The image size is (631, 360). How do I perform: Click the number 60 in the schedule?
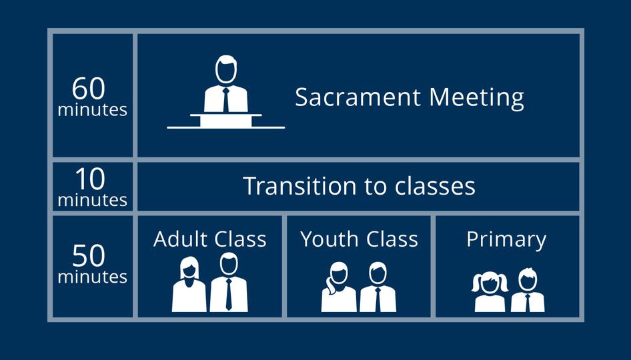point(89,88)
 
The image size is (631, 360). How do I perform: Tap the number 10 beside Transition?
point(90,179)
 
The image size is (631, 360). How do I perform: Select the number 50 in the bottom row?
point(89,256)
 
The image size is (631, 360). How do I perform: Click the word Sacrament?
point(358,97)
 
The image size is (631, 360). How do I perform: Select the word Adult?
point(180,239)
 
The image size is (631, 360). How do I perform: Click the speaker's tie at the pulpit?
point(225,99)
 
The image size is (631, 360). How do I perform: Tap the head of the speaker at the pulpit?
point(225,69)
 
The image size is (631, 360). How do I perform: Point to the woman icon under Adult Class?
point(189,285)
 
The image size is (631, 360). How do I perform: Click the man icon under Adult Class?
point(229,282)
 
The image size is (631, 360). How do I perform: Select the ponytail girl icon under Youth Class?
point(338,287)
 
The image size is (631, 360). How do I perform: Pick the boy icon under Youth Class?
point(378,287)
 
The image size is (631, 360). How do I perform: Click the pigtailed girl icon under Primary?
point(490,291)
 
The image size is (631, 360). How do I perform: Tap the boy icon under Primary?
point(528,290)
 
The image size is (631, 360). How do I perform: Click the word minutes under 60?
point(93,110)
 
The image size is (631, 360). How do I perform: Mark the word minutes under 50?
point(93,277)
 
